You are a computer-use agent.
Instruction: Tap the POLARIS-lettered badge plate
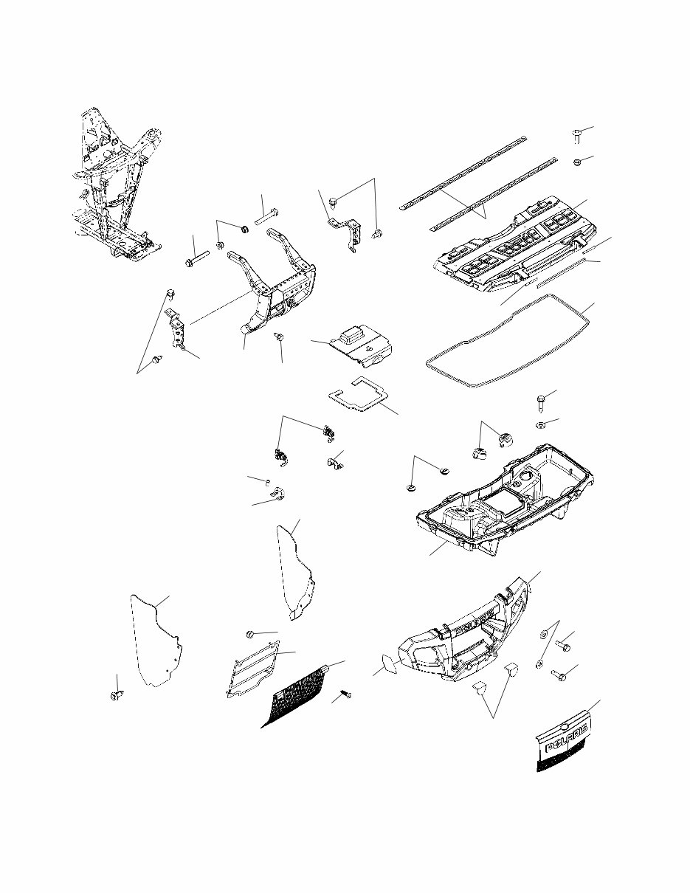[x=564, y=745]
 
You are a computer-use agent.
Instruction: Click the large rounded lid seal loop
[x=509, y=339]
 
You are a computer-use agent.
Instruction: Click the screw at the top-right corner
[x=577, y=135]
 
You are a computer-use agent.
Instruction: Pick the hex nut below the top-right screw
[x=579, y=162]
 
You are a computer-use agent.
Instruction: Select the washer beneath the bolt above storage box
[x=539, y=425]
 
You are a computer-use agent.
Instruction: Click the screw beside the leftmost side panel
[x=117, y=695]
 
